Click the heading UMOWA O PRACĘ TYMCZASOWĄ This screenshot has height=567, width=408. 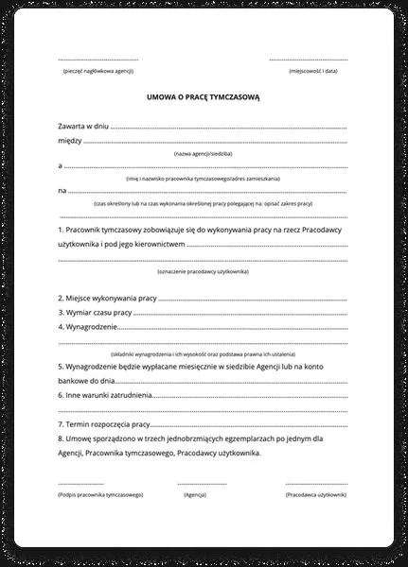click(x=203, y=96)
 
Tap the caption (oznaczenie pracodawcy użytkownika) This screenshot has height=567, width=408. click(x=203, y=271)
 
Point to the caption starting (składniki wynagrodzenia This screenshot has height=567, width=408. click(x=203, y=352)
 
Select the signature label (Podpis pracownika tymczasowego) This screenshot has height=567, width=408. click(x=100, y=494)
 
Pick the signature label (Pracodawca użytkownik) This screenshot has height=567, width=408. click(x=316, y=494)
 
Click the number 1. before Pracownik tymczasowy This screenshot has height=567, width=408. click(x=61, y=229)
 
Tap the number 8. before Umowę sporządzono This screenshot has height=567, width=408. click(x=61, y=439)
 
